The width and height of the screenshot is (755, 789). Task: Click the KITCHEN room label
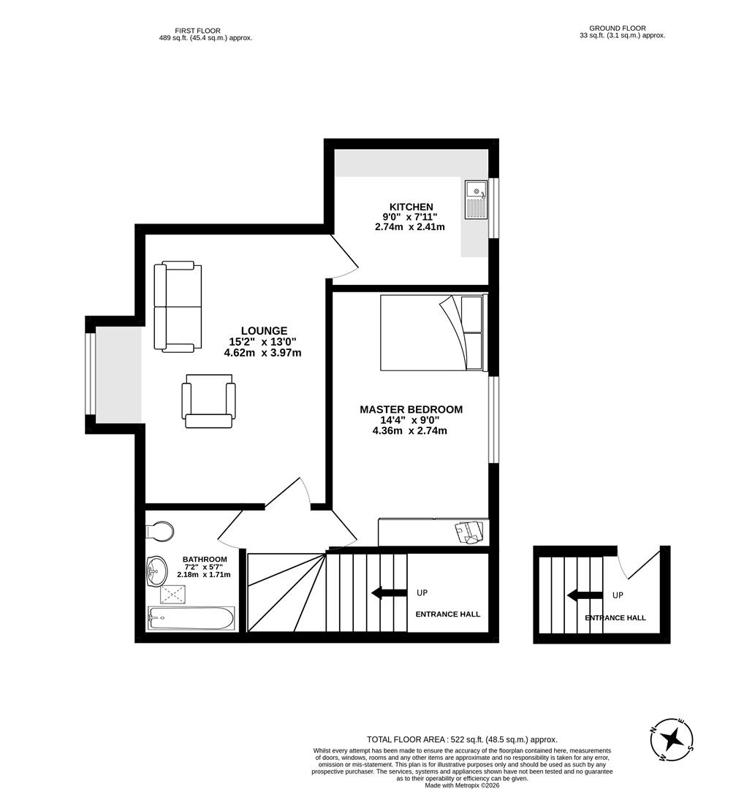(411, 207)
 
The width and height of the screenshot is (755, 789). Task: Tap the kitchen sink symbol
(476, 199)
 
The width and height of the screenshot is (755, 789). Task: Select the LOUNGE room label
(264, 331)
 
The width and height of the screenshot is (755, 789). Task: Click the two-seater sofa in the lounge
(178, 307)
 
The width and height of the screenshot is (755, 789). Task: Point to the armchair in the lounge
(208, 401)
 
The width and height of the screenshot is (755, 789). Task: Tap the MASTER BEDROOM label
(411, 410)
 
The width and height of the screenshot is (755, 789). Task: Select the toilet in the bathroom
(161, 530)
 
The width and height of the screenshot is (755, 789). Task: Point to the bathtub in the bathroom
(191, 619)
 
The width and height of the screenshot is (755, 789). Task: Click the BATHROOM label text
(205, 560)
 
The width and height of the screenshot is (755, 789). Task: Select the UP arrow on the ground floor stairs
(585, 595)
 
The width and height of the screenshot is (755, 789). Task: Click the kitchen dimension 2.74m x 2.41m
(409, 227)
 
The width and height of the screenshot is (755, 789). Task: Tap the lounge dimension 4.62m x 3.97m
(262, 353)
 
